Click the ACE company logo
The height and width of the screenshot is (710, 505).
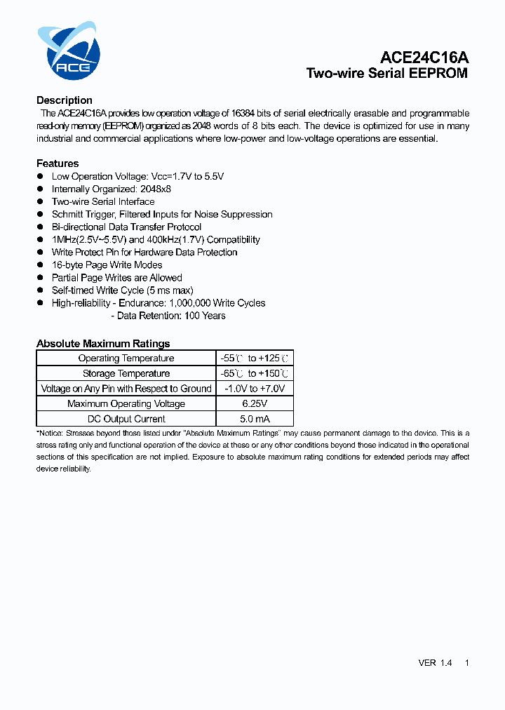coord(69,51)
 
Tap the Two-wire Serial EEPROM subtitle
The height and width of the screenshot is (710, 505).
coord(387,74)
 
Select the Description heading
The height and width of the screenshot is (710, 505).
coord(65,100)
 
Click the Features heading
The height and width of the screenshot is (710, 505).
coord(58,163)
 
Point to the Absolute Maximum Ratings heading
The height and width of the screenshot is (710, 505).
coord(103,344)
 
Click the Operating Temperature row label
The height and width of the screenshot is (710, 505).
coord(126,359)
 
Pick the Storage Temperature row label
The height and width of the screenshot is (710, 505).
coord(126,373)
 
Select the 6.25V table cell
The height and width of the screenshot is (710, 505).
coord(254,404)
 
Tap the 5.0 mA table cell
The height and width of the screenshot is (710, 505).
coord(254,419)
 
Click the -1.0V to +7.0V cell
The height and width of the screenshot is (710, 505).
coord(254,389)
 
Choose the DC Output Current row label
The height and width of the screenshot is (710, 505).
coord(126,419)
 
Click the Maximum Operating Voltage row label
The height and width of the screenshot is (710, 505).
coord(126,404)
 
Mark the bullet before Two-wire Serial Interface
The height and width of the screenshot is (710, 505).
coord(41,201)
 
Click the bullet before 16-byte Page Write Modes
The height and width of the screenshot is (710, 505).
coord(41,264)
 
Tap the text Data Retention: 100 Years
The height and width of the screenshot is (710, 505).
coord(168,316)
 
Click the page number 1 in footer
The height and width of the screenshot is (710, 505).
coord(466,663)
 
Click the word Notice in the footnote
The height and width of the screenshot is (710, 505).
coord(48,434)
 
